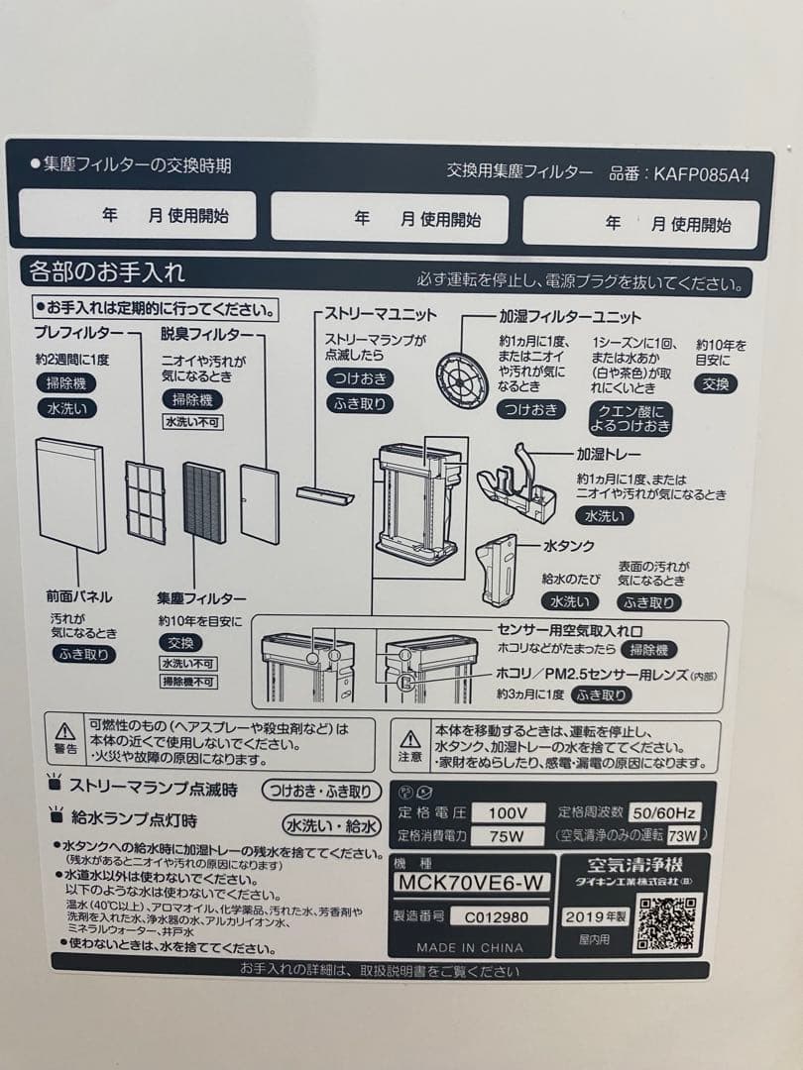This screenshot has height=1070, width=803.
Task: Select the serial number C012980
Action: point(505,916)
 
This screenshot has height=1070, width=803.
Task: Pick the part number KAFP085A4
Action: point(701,172)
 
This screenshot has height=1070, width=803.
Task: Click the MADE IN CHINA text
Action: point(470,947)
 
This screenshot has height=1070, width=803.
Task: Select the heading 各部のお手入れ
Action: point(107,270)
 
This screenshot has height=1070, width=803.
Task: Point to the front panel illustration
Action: point(70,494)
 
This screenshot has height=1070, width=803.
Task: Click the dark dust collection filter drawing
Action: point(204,501)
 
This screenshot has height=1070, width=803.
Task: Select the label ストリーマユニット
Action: point(381,314)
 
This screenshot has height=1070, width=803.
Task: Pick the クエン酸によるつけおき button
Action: point(631,419)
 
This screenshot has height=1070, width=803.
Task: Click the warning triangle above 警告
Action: point(65,731)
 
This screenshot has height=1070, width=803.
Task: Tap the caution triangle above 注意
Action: point(410,738)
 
